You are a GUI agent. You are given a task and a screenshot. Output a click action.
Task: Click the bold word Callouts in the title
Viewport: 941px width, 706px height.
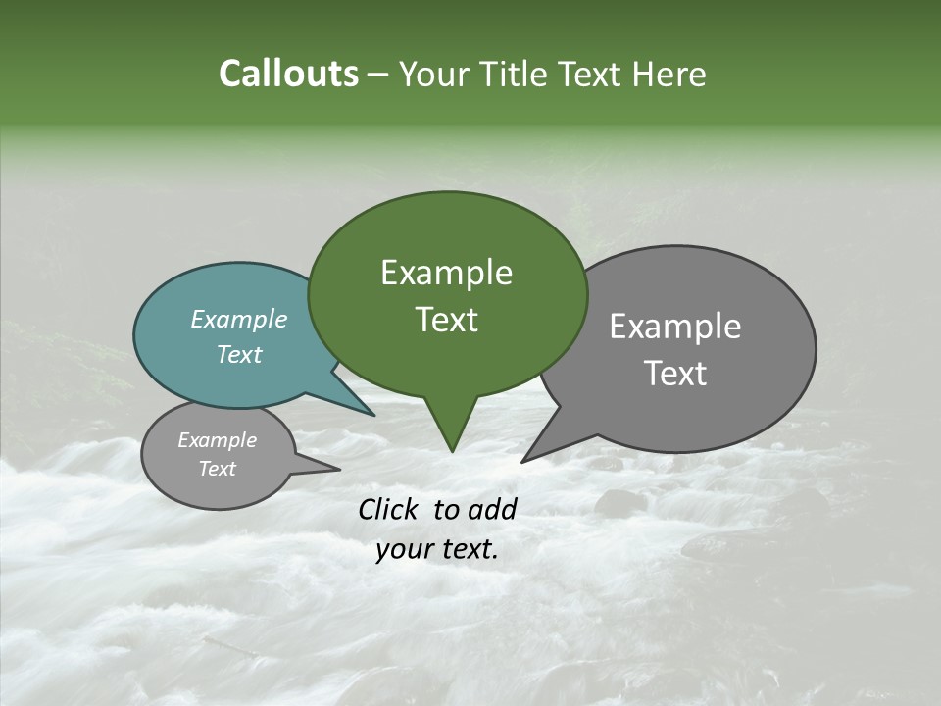coord(288,74)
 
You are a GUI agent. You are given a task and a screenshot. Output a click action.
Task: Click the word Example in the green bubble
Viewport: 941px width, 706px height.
coord(446,273)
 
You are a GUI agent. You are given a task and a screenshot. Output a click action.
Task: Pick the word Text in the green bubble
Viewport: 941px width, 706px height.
coord(446,320)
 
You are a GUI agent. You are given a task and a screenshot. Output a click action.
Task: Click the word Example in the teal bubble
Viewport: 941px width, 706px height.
coord(238,319)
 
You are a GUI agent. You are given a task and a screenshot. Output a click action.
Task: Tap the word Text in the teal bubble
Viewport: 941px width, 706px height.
coord(238,354)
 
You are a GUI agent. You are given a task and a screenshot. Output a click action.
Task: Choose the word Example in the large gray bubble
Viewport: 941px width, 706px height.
coord(675,327)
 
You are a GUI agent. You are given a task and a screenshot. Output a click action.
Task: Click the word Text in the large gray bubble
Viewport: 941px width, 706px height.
coord(675,374)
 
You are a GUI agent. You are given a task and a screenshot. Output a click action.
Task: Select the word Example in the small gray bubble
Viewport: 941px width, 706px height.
coord(217,440)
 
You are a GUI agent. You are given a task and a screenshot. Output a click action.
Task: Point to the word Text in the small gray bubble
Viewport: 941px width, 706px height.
coord(217,469)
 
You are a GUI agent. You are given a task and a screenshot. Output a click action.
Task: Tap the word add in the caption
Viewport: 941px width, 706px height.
coord(493,509)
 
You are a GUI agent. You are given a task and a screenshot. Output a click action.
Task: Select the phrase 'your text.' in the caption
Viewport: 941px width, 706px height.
coord(437,550)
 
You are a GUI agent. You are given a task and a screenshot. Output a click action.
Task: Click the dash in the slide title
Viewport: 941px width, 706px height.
coord(378,75)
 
